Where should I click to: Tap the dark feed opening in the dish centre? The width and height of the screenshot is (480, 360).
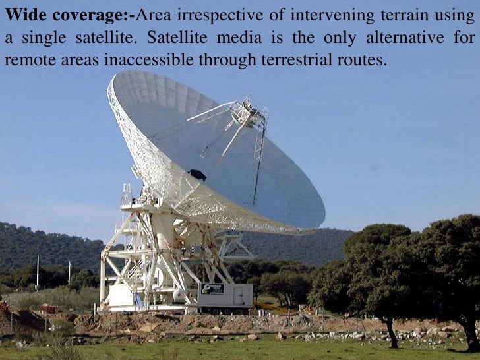(196, 175)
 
